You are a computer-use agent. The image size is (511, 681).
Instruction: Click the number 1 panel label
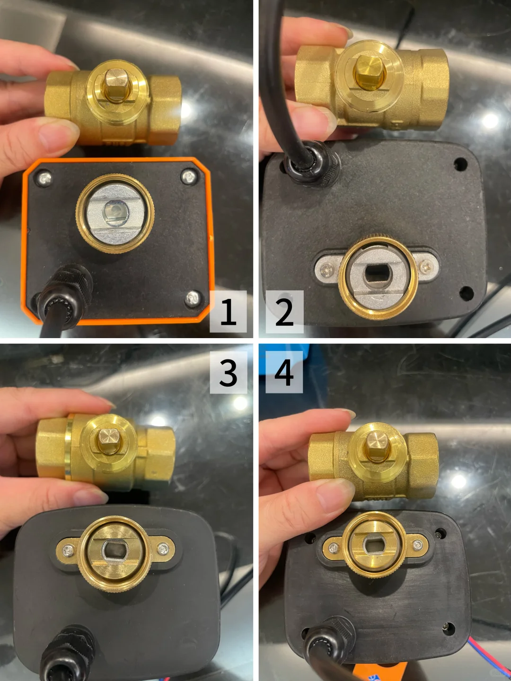229,312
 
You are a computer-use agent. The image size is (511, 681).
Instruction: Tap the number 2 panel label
284,312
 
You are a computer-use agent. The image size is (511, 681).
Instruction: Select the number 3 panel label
229,372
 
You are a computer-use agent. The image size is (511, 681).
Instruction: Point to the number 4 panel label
284,372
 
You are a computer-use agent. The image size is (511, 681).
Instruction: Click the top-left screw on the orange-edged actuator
45,178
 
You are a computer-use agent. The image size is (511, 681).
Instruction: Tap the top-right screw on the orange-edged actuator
189,177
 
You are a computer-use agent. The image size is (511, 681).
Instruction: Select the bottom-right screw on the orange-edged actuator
193,298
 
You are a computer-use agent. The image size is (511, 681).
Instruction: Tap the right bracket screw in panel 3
163,550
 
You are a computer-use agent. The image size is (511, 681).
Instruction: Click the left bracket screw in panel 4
334,548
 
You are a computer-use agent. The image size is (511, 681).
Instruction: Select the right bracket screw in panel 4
417,544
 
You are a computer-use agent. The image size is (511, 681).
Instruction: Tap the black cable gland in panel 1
65,292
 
